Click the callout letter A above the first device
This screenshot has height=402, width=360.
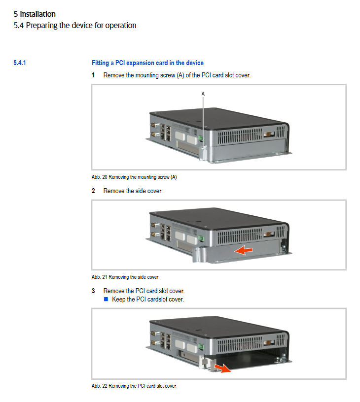click(203, 94)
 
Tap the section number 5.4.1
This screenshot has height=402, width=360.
click(20, 63)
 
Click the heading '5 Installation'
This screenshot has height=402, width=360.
click(35, 14)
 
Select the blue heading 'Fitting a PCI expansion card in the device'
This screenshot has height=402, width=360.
click(147, 63)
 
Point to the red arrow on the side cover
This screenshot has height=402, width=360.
click(244, 250)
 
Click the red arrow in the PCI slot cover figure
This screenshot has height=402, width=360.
click(222, 368)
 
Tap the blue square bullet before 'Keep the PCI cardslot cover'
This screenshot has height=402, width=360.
click(106, 299)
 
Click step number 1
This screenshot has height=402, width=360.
click(93, 75)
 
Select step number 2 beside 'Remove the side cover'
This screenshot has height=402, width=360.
click(93, 191)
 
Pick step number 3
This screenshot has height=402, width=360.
click(93, 291)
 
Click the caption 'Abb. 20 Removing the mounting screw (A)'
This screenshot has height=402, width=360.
click(134, 177)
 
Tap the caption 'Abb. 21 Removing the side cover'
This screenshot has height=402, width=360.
click(125, 277)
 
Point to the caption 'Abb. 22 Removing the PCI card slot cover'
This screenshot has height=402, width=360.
click(134, 386)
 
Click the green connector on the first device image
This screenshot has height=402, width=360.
click(200, 138)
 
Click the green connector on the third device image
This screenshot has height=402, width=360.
click(200, 347)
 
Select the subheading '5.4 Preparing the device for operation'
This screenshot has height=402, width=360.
click(75, 26)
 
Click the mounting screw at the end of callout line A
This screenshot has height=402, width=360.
click(203, 148)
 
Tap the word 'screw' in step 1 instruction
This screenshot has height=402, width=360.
click(167, 75)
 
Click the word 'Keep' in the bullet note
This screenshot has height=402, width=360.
click(118, 299)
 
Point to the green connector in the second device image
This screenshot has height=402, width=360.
click(200, 238)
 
